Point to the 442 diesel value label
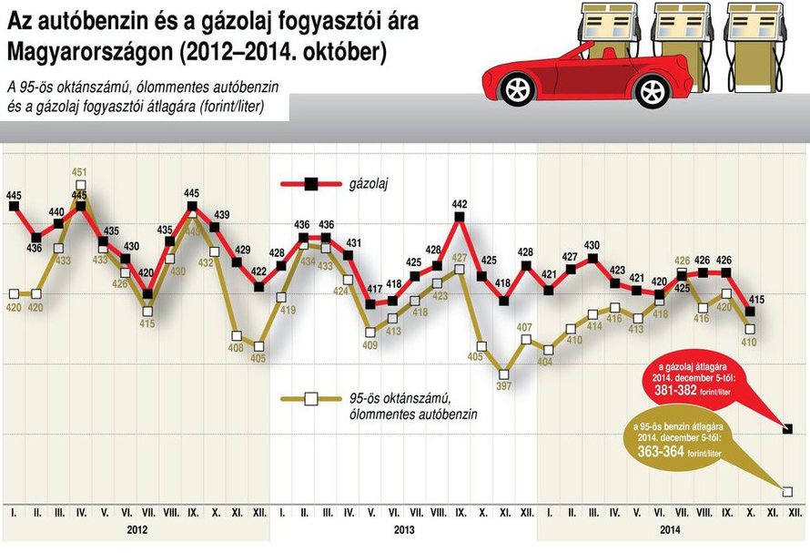(x=460, y=204)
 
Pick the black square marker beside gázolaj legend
(x=310, y=184)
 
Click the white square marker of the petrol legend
(x=310, y=398)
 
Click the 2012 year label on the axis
(x=137, y=529)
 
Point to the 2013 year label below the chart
(x=405, y=529)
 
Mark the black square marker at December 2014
(x=787, y=428)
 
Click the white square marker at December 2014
(x=787, y=490)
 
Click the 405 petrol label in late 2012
(x=259, y=360)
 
